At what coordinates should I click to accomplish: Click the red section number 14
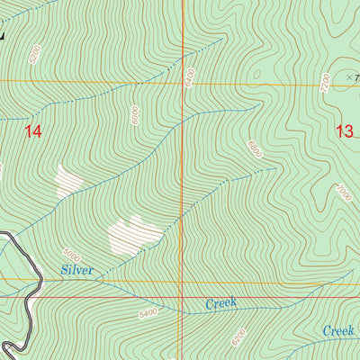[33, 131]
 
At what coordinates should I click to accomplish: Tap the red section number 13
[344, 131]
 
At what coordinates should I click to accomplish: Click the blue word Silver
[77, 270]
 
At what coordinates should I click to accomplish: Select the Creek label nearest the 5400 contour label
[220, 304]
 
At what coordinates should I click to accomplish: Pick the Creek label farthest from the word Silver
[340, 331]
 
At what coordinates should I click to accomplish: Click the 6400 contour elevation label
[190, 77]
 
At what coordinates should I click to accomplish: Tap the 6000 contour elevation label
[134, 115]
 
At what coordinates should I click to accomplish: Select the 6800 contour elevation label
[254, 149]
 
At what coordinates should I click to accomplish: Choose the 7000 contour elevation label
[343, 193]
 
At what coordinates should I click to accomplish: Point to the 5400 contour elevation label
[148, 313]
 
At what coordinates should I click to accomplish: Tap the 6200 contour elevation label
[238, 337]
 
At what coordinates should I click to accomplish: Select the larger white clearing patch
[133, 235]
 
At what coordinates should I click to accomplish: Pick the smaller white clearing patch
[68, 181]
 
